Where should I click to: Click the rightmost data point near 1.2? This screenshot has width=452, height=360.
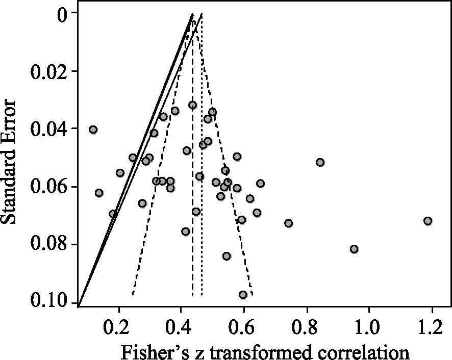[428, 221]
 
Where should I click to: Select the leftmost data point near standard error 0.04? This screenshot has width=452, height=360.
[93, 130]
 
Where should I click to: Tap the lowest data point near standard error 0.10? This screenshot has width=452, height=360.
[243, 295]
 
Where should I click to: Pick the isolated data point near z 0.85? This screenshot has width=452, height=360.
[320, 162]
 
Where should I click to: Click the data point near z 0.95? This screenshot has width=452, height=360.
[354, 249]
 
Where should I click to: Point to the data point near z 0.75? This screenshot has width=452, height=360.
[288, 223]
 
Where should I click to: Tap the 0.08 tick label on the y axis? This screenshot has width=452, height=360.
[49, 244]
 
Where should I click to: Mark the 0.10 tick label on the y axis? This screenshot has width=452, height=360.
[49, 302]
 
